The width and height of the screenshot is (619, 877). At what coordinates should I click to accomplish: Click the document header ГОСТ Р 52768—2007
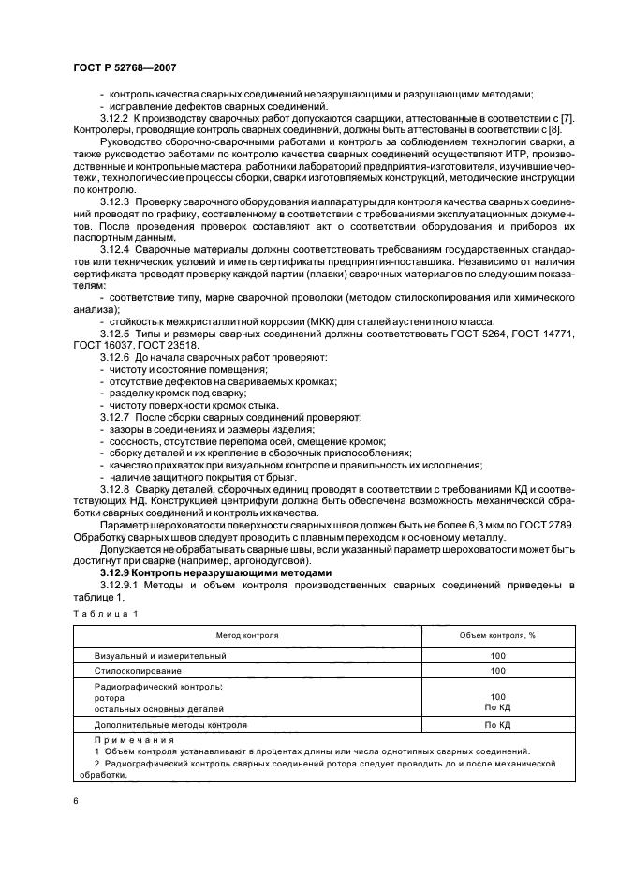(x=124, y=68)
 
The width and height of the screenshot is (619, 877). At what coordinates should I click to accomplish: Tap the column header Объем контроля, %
(x=496, y=635)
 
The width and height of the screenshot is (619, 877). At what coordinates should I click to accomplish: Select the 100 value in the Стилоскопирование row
(x=496, y=671)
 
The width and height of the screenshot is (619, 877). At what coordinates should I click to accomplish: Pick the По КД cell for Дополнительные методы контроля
(x=496, y=725)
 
